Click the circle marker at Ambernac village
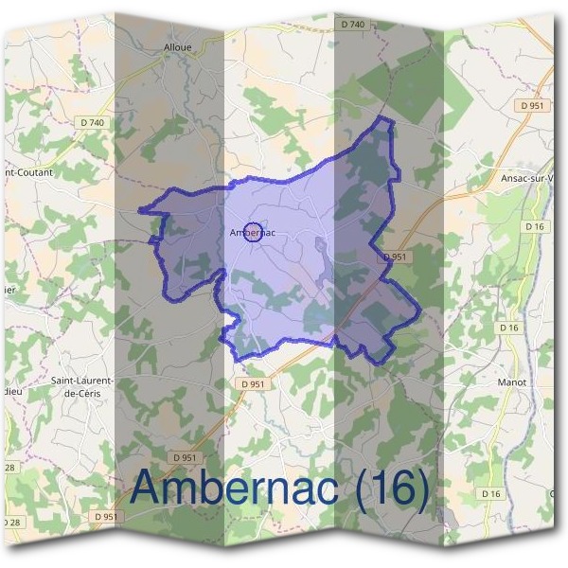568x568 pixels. click(253, 231)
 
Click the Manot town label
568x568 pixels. click(511, 382)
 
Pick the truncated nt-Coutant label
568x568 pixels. click(28, 173)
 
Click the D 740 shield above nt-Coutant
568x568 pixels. click(92, 123)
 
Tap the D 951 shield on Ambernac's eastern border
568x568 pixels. click(395, 257)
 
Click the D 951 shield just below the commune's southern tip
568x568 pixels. click(254, 383)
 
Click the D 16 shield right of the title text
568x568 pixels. click(489, 494)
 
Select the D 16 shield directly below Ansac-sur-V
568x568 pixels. click(537, 226)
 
